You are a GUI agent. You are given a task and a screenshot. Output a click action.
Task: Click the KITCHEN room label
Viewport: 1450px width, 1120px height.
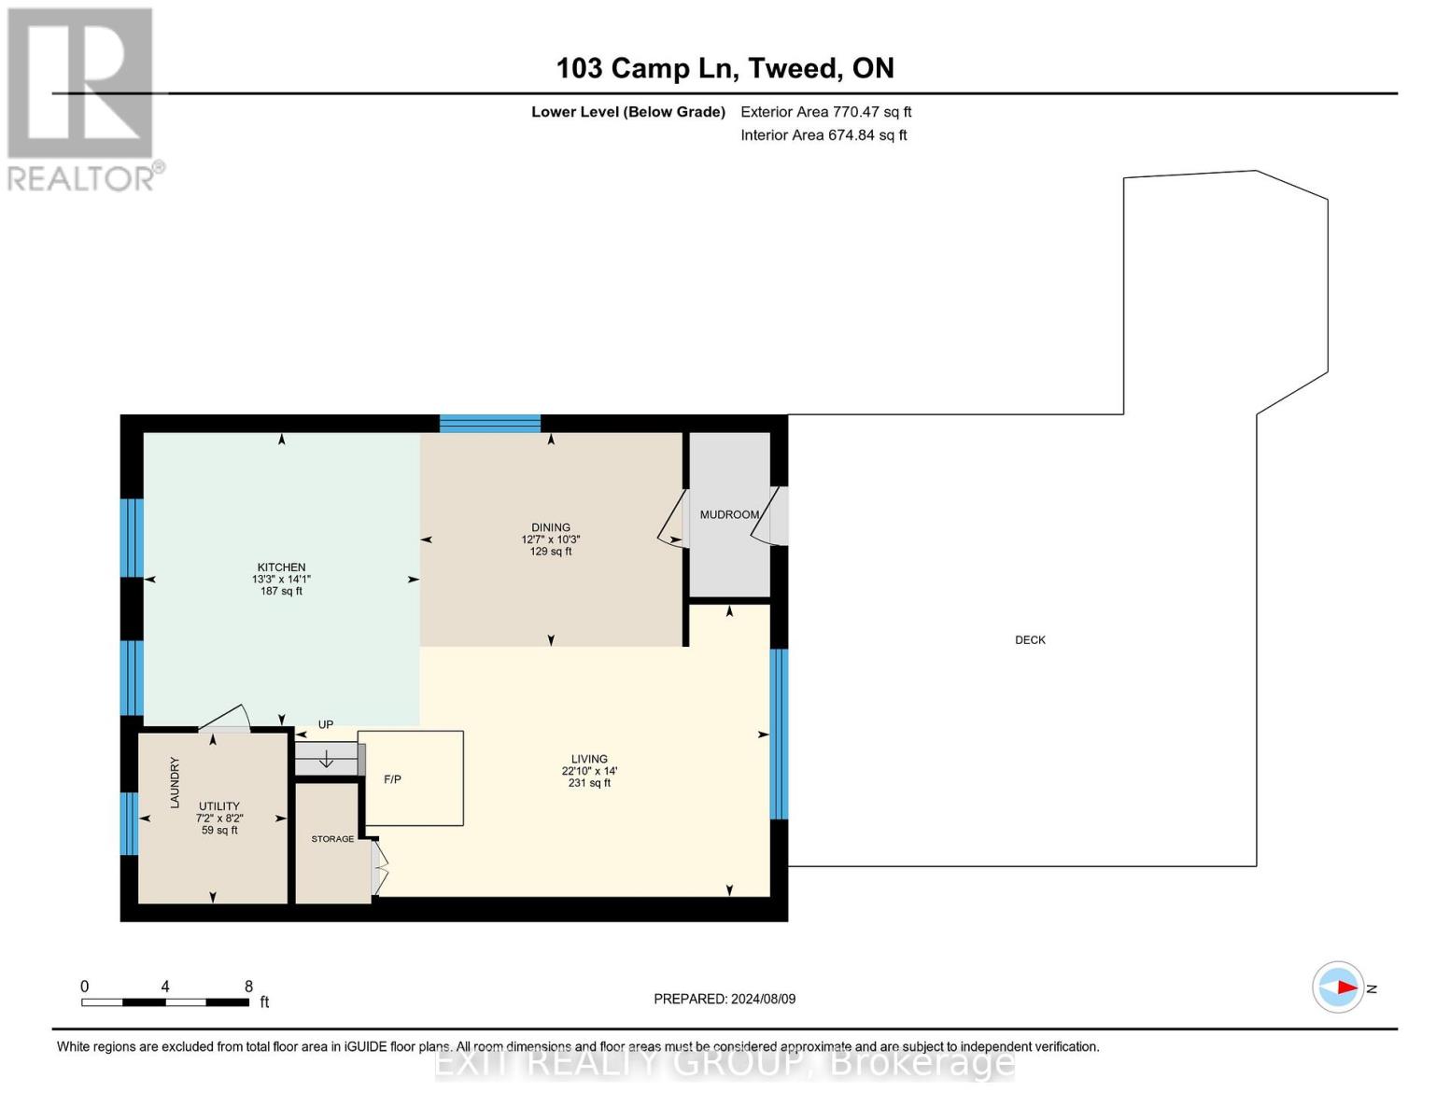tap(281, 567)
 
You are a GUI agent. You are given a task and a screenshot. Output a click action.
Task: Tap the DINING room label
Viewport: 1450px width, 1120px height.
tap(551, 527)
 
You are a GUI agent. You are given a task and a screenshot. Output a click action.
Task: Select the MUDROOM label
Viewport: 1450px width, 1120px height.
tap(729, 514)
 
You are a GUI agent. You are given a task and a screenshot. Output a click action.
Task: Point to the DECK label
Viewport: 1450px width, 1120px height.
tap(1030, 640)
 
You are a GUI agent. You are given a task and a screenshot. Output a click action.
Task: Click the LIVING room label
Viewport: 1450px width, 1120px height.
tap(589, 759)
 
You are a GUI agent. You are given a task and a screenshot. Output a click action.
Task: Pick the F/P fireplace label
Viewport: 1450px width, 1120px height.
tap(392, 779)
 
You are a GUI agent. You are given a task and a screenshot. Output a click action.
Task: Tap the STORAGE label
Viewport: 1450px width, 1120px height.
tap(332, 839)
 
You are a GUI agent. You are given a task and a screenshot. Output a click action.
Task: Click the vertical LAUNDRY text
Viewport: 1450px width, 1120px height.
tap(175, 782)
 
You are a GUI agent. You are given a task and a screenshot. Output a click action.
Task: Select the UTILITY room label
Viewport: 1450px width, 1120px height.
tap(219, 806)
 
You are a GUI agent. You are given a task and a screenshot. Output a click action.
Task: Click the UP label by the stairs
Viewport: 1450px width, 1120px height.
tap(326, 724)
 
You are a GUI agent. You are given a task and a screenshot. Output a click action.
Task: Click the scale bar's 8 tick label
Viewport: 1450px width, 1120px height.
tap(248, 987)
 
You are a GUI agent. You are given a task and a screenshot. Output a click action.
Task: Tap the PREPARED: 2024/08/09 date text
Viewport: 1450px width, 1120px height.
tap(725, 999)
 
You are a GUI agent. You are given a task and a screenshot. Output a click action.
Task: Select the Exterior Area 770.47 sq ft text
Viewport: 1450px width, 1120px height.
tap(825, 112)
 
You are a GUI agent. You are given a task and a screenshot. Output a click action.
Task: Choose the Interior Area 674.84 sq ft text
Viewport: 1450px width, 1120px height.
tap(824, 135)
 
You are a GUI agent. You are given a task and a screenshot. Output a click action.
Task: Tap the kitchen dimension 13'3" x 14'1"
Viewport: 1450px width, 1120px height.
tap(281, 580)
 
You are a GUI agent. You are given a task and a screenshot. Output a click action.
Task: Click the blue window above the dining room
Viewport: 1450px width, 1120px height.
tap(490, 424)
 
